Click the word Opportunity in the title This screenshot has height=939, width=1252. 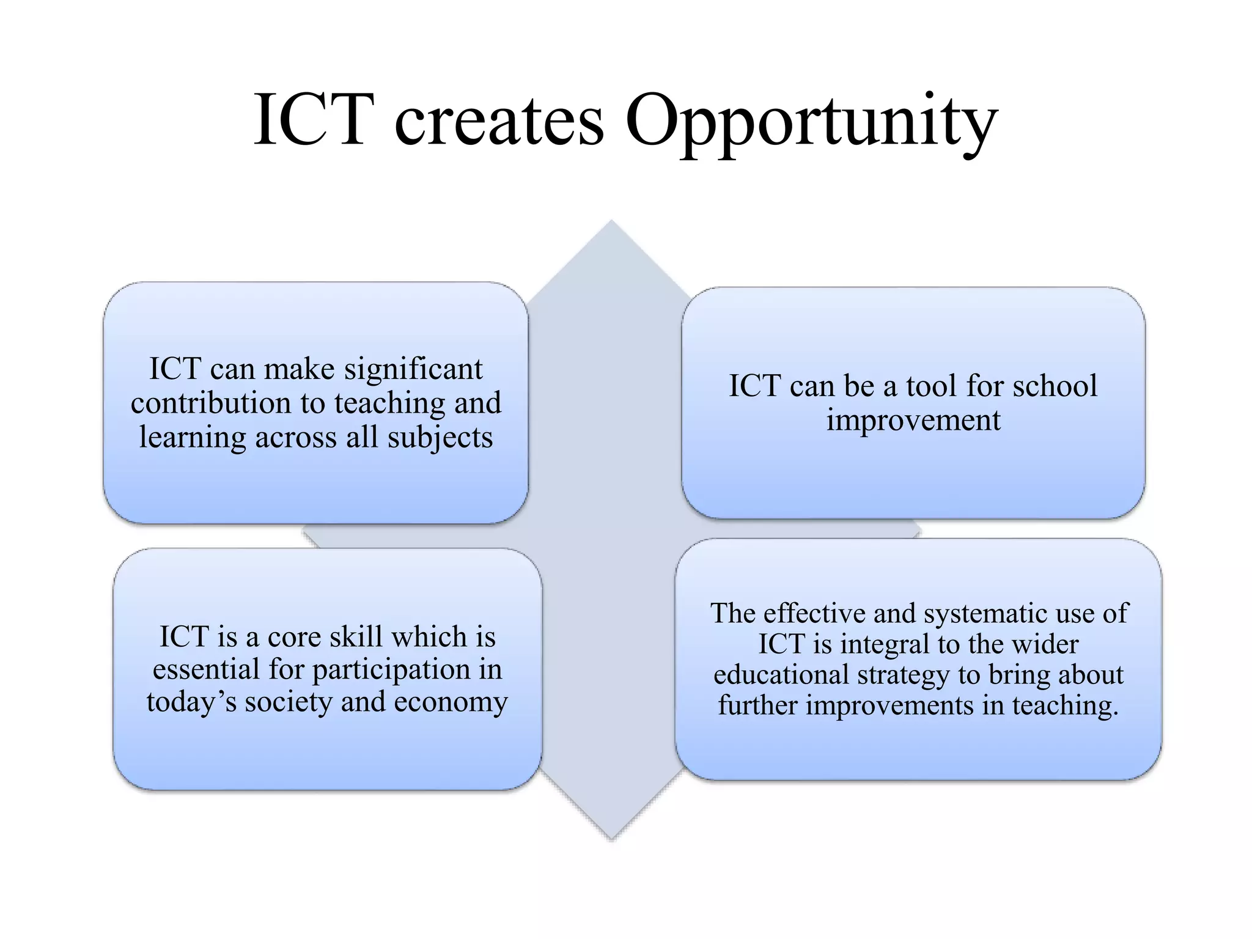(811, 122)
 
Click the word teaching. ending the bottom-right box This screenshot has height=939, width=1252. (1065, 705)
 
